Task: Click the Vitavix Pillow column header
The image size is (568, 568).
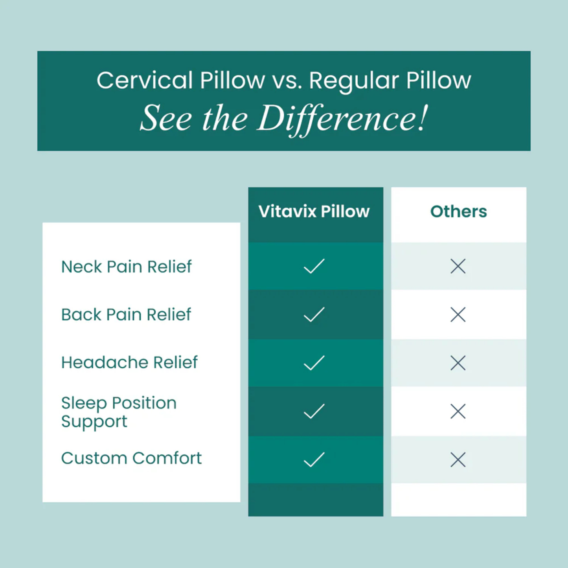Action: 314,211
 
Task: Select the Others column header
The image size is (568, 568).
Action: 458,211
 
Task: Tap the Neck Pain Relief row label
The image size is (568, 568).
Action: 126,267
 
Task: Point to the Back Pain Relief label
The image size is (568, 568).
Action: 126,314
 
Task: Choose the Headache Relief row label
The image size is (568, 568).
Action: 129,362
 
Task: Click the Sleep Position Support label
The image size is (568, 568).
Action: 119,412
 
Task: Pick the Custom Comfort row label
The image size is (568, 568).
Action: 131,458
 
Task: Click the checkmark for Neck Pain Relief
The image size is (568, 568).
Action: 314,267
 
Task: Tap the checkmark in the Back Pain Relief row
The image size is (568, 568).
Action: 314,314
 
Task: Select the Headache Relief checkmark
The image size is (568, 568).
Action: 314,363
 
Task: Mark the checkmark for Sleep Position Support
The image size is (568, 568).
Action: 314,412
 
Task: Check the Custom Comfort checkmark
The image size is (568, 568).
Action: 314,460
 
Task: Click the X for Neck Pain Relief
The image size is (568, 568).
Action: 458,267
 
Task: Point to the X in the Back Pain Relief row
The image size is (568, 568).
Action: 458,314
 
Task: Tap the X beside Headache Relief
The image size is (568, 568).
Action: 458,363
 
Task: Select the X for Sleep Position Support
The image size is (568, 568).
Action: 458,412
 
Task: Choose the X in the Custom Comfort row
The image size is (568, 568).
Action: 458,460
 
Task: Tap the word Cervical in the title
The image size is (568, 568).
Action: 145,81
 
